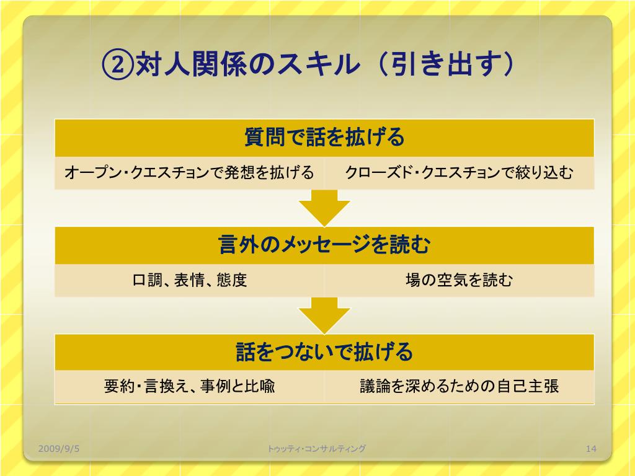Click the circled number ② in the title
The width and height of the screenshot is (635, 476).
point(117,65)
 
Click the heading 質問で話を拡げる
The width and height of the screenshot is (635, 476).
point(324,137)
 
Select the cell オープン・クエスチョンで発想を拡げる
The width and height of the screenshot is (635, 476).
point(189,173)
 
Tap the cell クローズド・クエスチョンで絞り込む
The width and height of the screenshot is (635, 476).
point(459,173)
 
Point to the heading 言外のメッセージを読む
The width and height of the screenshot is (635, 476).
point(324,245)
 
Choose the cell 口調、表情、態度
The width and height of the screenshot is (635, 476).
point(190,280)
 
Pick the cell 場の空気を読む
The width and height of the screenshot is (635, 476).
point(459,280)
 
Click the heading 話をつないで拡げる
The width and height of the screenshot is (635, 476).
point(324,352)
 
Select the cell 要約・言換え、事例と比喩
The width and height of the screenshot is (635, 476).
point(190,387)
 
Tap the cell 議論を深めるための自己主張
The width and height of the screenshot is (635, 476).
point(460,387)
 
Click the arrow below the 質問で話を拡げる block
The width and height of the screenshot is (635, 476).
point(324,208)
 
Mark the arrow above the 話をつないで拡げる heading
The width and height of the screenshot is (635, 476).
point(324,315)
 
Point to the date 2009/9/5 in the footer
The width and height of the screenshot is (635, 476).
point(59,448)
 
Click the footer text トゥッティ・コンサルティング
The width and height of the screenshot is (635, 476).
point(317,448)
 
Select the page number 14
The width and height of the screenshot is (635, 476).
point(590,448)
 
